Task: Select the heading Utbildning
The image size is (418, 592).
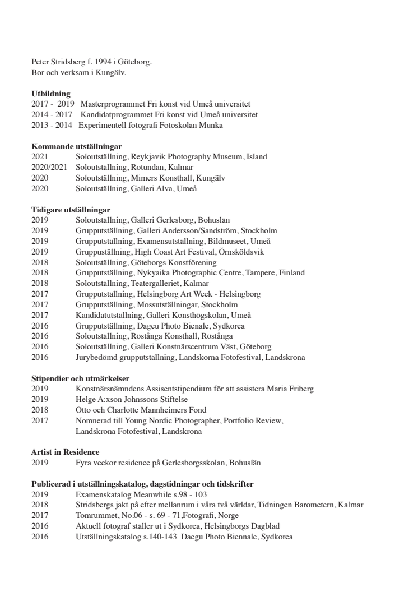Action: point(50,94)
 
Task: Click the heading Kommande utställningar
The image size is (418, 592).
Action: point(76,146)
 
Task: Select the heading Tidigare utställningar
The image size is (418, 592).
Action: point(71,210)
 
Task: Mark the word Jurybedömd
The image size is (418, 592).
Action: point(97,357)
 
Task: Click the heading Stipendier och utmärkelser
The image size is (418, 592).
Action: point(80,378)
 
